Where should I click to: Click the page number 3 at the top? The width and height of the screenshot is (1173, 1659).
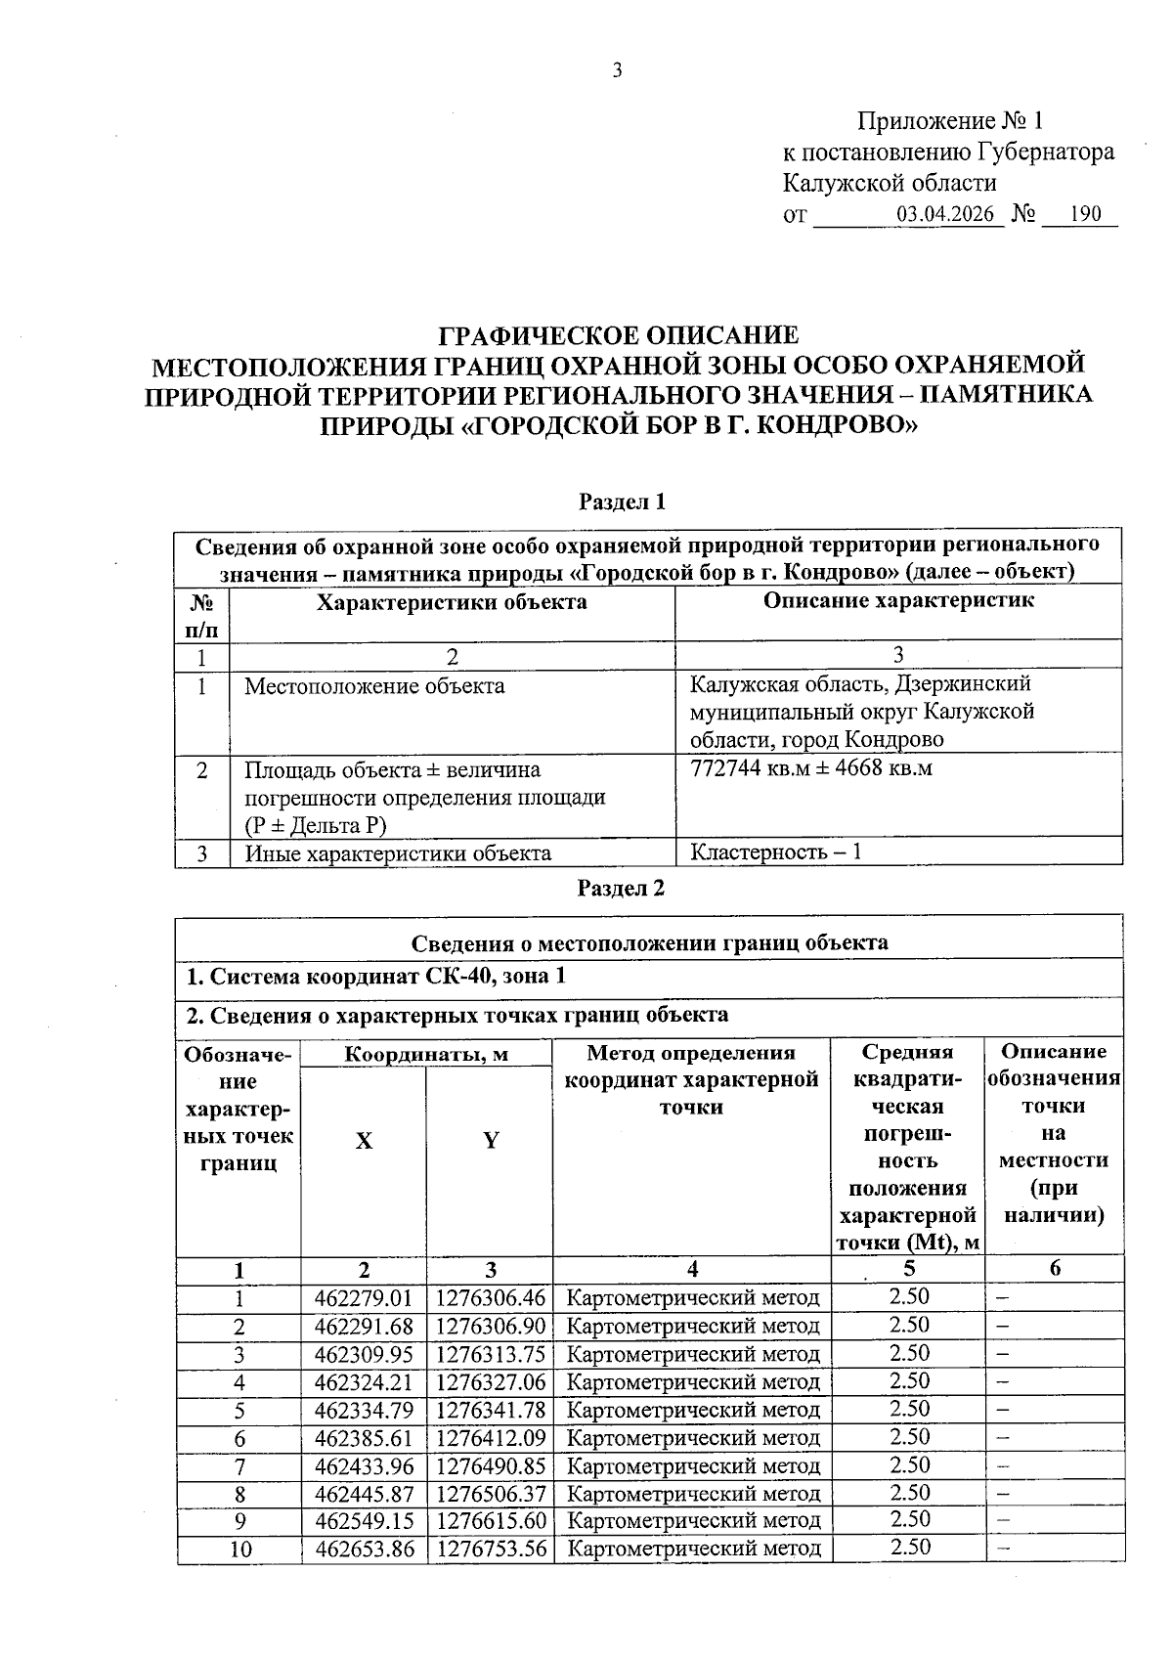(x=616, y=70)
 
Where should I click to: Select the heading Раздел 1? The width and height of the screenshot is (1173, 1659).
(x=622, y=502)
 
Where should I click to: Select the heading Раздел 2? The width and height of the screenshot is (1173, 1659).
(x=622, y=888)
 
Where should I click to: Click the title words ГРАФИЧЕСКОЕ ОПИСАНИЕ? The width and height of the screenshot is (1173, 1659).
(x=618, y=336)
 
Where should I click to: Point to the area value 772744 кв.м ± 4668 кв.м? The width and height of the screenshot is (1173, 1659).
(x=811, y=768)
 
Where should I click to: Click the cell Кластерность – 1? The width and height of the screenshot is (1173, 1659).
(x=776, y=851)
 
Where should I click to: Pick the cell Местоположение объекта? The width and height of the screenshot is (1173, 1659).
(x=374, y=686)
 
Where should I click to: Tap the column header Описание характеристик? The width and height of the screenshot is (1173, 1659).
(x=897, y=600)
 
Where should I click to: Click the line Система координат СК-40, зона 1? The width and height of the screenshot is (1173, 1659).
(x=376, y=976)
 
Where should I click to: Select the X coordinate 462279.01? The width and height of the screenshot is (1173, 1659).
(x=364, y=1298)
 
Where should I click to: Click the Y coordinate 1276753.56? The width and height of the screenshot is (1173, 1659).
(x=491, y=1550)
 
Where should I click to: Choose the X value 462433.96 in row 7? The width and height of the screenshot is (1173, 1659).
(x=364, y=1466)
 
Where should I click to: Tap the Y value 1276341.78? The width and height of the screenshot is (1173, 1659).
(x=491, y=1410)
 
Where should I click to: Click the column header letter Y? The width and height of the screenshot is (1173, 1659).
(x=491, y=1140)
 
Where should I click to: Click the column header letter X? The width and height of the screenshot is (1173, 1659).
(x=364, y=1141)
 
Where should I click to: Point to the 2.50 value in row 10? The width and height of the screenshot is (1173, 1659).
(x=909, y=1548)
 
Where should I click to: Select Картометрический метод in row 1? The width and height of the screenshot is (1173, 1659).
(x=693, y=1298)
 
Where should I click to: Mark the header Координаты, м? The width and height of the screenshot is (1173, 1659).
(x=426, y=1054)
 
